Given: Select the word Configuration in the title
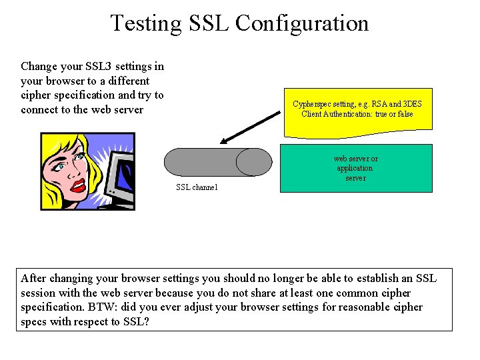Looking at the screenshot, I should [302, 23].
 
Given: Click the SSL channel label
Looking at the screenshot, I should [197, 187].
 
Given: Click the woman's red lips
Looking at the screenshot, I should [79, 185].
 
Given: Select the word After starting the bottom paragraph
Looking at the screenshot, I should [34, 278].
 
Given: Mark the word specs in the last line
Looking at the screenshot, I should [34, 322].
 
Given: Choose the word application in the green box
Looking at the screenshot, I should [355, 169].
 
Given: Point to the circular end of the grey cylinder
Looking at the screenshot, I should [254, 162].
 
